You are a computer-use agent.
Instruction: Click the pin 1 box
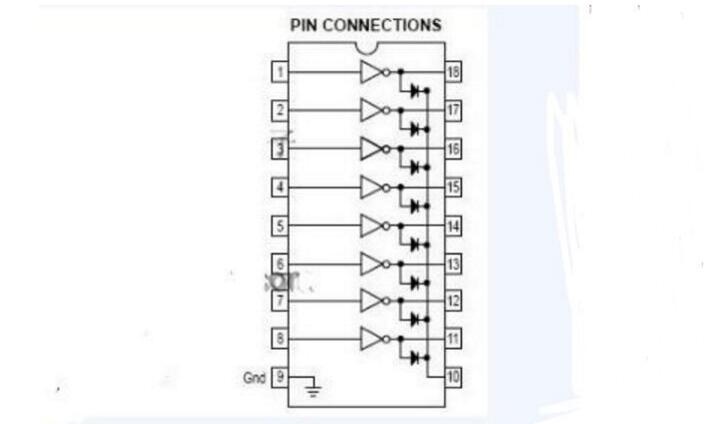[280, 72]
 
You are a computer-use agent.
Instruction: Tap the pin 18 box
[453, 72]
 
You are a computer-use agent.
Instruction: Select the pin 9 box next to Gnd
[280, 376]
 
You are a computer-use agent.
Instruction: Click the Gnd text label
[255, 378]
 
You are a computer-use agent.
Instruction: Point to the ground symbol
[312, 389]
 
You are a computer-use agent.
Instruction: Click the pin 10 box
[453, 376]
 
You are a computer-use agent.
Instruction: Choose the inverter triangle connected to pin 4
[371, 187]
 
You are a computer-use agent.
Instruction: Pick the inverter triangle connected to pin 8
[371, 339]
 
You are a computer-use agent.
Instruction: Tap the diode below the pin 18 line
[415, 91]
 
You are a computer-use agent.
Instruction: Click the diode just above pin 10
[415, 358]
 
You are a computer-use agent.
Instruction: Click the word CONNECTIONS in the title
[382, 25]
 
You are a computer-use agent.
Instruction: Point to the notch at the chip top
[366, 48]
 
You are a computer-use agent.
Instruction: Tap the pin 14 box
[453, 225]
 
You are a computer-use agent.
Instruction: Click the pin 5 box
[280, 225]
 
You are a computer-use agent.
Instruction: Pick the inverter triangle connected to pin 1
[371, 72]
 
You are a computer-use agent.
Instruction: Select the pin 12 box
[453, 300]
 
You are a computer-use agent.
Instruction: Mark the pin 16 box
[453, 148]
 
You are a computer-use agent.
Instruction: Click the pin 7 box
[280, 300]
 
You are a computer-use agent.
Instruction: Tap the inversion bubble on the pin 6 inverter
[386, 265]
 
